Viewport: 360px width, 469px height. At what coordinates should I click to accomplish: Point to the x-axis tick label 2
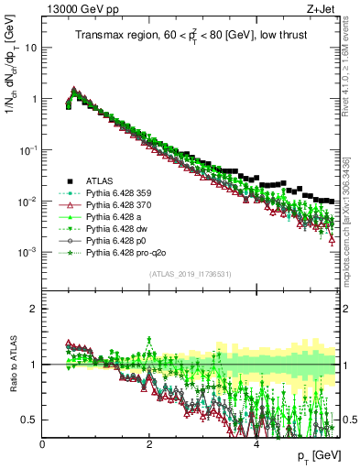149,443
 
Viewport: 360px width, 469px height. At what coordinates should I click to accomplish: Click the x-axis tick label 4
256,443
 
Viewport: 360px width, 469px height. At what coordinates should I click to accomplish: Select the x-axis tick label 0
43,443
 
